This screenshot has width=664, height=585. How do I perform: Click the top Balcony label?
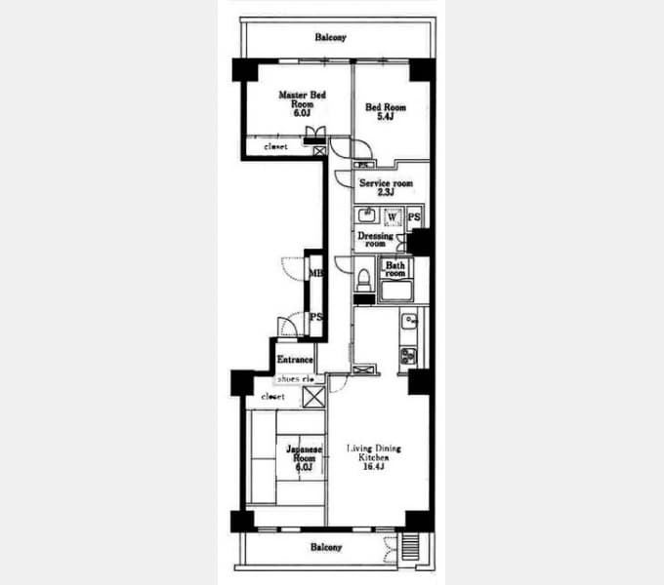pos(330,38)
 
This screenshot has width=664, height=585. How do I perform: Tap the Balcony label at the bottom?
pos(326,548)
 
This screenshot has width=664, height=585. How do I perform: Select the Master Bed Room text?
pos(302,102)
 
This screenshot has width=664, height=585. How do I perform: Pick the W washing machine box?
pos(392,216)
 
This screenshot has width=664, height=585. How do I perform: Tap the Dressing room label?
pos(375,240)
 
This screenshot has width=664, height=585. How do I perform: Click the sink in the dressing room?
pos(368,215)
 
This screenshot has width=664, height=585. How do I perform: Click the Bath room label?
pos(394,269)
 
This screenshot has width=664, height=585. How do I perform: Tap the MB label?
pos(315,274)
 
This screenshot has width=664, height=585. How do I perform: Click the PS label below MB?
pos(315,317)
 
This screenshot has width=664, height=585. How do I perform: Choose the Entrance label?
pos(294,360)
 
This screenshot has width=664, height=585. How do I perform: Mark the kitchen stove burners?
pos(408,356)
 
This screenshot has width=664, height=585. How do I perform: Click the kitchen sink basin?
pos(408,320)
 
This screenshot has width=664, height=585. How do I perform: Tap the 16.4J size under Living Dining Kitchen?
pos(374,467)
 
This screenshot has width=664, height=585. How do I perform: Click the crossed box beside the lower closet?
pos(313,398)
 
